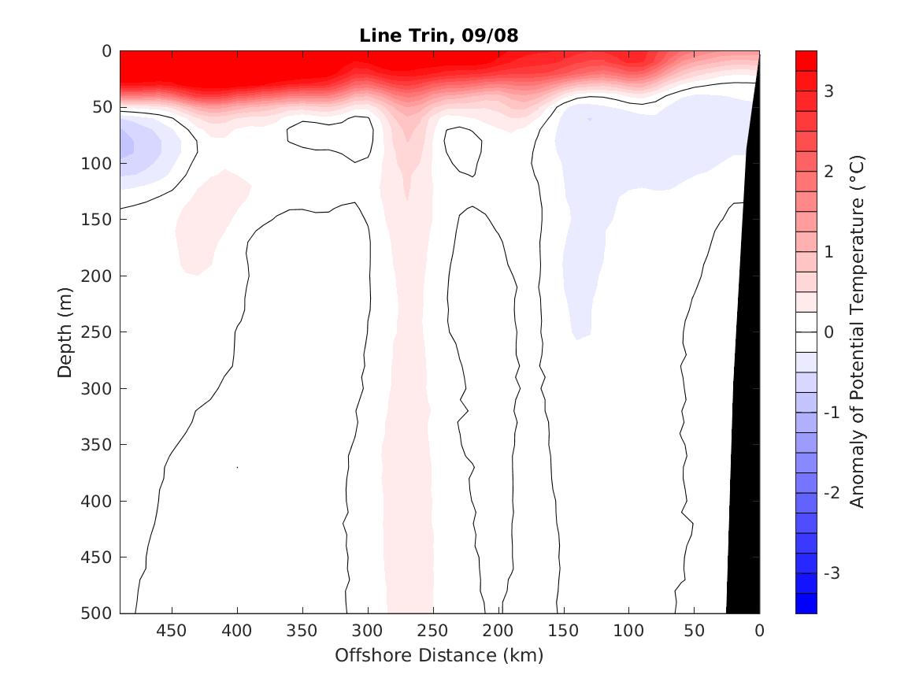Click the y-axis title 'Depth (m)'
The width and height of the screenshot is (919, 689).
[x=65, y=332]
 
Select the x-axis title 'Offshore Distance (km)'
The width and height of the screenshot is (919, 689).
[x=439, y=655]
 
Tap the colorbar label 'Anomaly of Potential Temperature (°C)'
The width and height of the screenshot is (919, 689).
[x=858, y=332]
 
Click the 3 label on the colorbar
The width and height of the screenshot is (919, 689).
[x=828, y=91]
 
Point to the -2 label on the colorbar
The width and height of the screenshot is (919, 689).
[x=832, y=492]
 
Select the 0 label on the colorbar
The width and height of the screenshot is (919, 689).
[x=828, y=332]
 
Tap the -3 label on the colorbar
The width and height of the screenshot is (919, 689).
[x=832, y=572]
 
